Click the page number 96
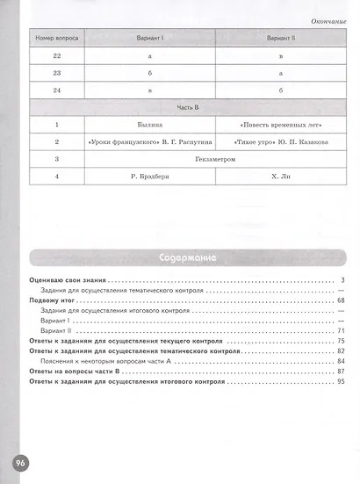19,462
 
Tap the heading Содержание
187,258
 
